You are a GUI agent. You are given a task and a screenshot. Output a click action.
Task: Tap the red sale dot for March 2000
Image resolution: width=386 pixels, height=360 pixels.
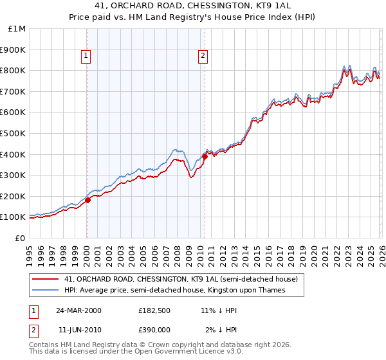[x=88, y=200]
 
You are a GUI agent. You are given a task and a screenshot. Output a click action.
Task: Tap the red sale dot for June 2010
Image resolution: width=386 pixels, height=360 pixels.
[x=205, y=156]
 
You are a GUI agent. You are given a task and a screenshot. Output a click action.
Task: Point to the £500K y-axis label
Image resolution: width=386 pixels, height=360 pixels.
[x=12, y=133]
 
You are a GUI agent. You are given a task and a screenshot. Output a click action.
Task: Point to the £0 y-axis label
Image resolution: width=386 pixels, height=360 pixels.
[x=19, y=238]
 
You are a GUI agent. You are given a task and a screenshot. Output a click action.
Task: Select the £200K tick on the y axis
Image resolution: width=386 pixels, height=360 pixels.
[x=12, y=196]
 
